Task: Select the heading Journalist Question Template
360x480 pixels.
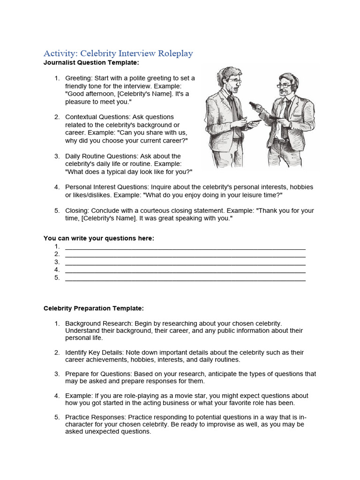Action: click(91, 62)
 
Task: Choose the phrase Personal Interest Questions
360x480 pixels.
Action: click(106, 187)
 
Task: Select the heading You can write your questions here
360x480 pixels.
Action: click(98, 238)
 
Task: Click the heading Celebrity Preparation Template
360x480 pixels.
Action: click(94, 308)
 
